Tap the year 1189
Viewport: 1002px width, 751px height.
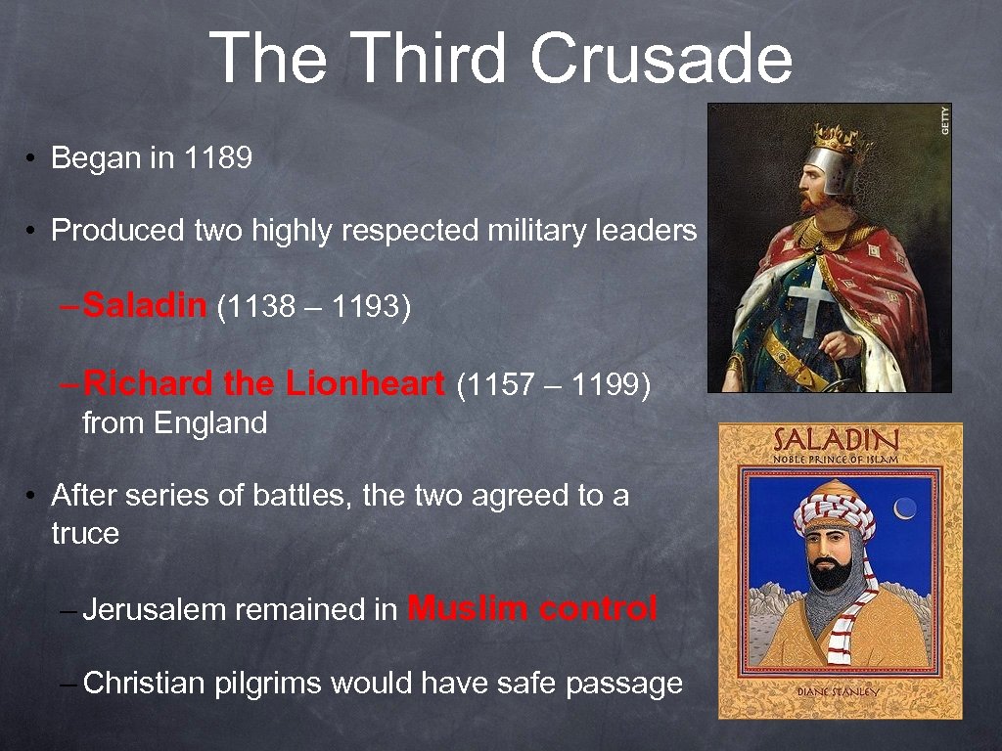point(217,157)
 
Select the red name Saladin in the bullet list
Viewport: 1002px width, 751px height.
point(146,306)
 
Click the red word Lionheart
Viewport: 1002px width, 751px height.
point(365,384)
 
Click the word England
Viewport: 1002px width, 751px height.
point(209,423)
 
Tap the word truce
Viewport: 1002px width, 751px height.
point(85,534)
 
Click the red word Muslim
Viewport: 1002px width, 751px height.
point(468,608)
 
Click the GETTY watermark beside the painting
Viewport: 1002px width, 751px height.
point(944,120)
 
